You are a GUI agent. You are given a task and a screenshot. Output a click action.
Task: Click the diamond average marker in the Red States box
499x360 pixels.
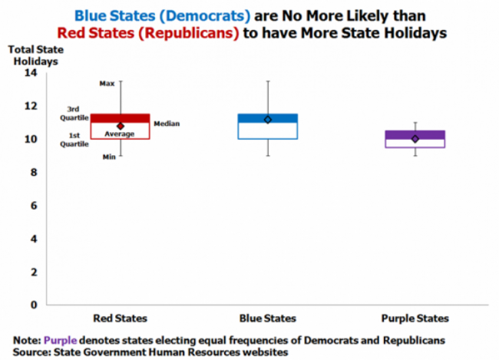tap(121, 126)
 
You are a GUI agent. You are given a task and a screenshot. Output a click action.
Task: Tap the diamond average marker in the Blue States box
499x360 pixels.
tap(267, 120)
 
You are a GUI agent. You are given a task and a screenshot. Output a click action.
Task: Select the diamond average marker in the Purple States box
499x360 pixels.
tap(415, 139)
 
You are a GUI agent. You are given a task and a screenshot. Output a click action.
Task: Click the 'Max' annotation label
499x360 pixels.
tap(107, 83)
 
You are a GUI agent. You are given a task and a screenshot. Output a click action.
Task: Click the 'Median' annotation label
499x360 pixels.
tap(167, 124)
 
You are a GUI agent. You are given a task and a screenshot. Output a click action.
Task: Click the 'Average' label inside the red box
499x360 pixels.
tap(120, 134)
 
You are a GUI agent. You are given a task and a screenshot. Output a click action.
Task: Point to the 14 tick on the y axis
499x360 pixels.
tap(31, 73)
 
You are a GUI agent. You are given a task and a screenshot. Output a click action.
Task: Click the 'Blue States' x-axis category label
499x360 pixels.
tap(267, 318)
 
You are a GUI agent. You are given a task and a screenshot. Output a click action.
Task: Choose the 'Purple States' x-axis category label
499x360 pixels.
tap(415, 318)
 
